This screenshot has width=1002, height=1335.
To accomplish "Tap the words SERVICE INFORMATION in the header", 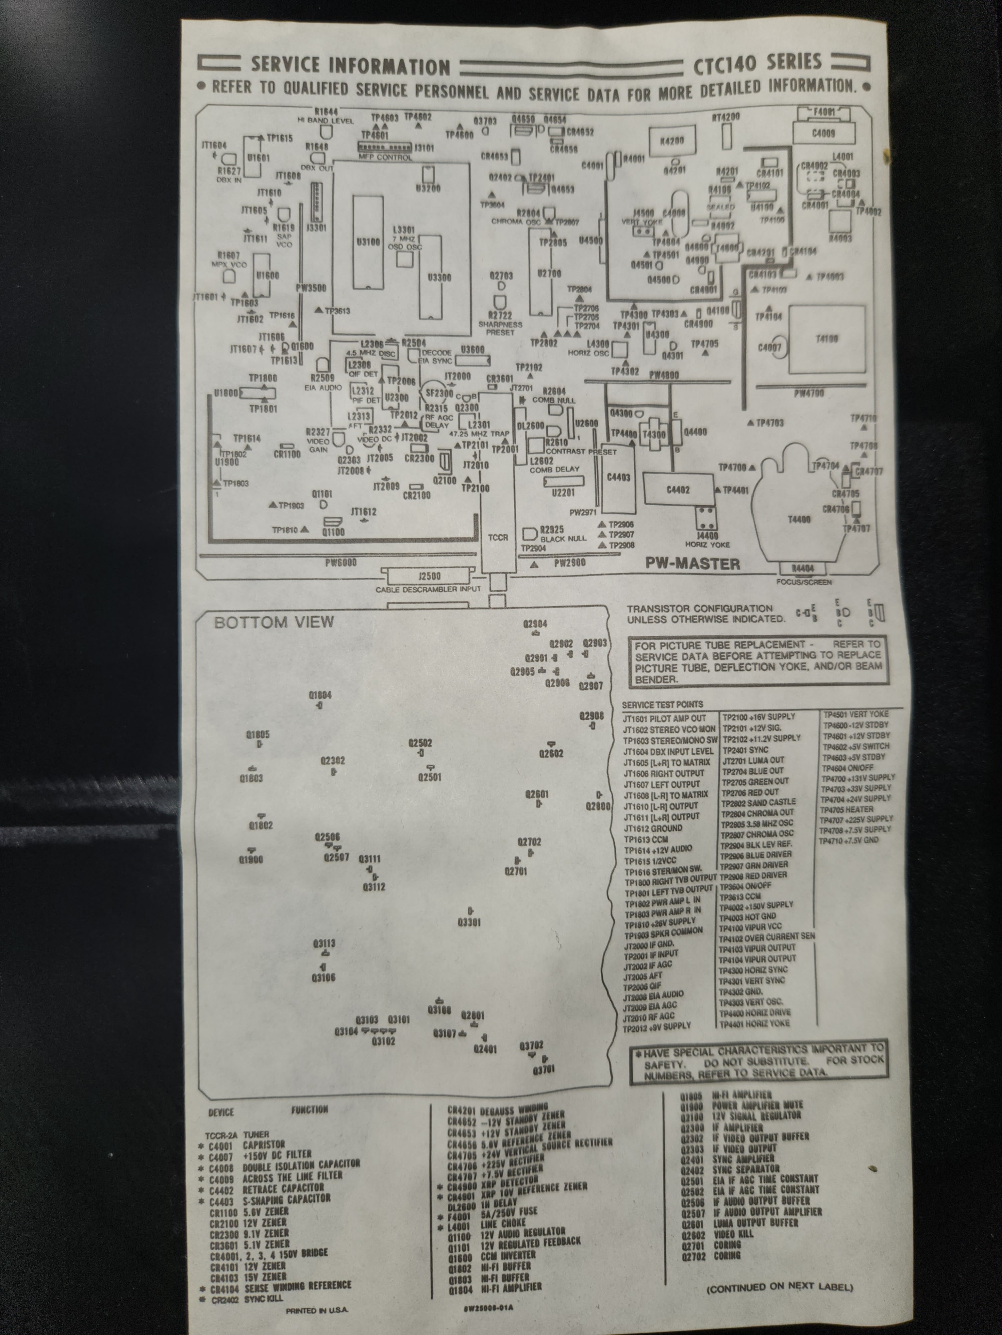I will pyautogui.click(x=350, y=65).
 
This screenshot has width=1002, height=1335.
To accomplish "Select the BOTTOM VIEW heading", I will pyautogui.click(x=274, y=622).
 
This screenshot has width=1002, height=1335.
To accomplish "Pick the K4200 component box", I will pyautogui.click(x=672, y=141).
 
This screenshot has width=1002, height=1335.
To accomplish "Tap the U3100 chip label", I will pyautogui.click(x=368, y=241).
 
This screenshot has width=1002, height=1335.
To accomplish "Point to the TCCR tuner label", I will pyautogui.click(x=498, y=537).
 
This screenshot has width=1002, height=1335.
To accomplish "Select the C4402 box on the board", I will pyautogui.click(x=678, y=490).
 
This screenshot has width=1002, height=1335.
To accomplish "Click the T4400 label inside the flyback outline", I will pyautogui.click(x=799, y=519).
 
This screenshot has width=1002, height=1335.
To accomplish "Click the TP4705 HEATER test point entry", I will pyautogui.click(x=847, y=809).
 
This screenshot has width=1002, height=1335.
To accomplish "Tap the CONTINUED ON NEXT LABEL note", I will pyautogui.click(x=779, y=1287).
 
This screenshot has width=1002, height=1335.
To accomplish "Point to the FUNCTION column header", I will pyautogui.click(x=309, y=1110).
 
